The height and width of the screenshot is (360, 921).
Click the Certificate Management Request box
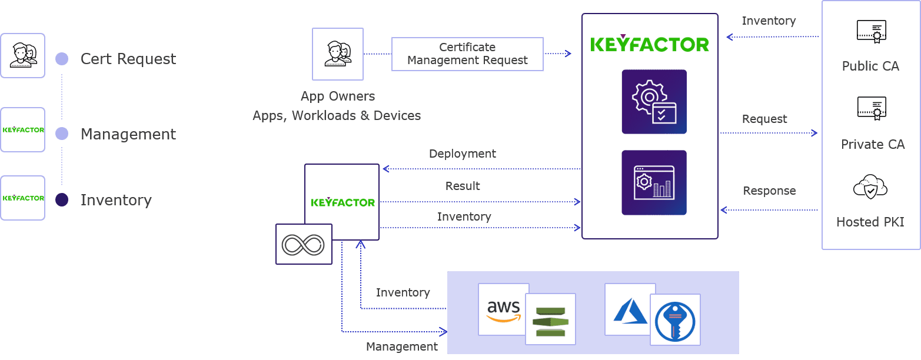pos(467,54)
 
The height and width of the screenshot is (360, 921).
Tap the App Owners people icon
pos(338,54)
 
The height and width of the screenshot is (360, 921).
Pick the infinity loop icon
pos(304,244)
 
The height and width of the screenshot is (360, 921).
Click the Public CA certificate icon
pos(872,32)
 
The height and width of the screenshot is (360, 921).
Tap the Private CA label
pos(872,144)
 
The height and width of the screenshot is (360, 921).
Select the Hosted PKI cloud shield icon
pos(870,188)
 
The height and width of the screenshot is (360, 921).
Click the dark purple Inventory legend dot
pos(62,200)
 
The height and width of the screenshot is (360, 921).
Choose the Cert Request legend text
pos(128,59)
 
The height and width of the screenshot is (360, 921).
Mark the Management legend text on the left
pos(128,134)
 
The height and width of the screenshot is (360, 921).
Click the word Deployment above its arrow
pos(462,154)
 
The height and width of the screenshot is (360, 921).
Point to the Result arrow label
pos(463,186)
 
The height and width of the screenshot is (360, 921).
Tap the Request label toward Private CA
pos(764,119)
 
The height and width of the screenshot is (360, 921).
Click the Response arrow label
pos(769,191)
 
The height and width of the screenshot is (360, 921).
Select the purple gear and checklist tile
pos(654,102)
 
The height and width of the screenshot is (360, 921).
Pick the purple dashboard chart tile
pos(654,182)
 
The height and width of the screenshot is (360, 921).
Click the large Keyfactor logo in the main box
pos(650,44)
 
